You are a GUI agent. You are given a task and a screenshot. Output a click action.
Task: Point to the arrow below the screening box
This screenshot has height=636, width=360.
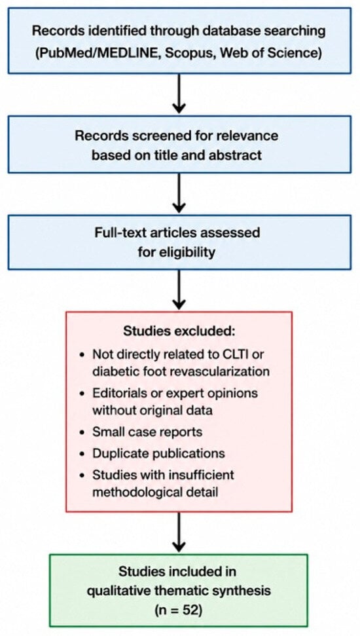click(x=179, y=193)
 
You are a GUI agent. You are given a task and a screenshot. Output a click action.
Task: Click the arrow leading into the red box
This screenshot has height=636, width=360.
click(x=179, y=290)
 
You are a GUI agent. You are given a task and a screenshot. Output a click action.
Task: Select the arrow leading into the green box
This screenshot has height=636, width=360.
click(x=179, y=532)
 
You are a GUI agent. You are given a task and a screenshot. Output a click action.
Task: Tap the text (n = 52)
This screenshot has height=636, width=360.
click(x=179, y=609)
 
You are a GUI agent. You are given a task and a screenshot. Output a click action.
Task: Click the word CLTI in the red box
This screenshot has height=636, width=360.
click(x=240, y=354)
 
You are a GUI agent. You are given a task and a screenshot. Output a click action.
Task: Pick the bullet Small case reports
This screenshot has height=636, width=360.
click(x=141, y=432)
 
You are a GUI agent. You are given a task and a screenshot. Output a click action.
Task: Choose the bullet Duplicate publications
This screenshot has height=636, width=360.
click(x=153, y=453)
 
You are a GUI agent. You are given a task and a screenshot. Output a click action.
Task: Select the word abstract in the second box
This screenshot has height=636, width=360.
click(x=239, y=155)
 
